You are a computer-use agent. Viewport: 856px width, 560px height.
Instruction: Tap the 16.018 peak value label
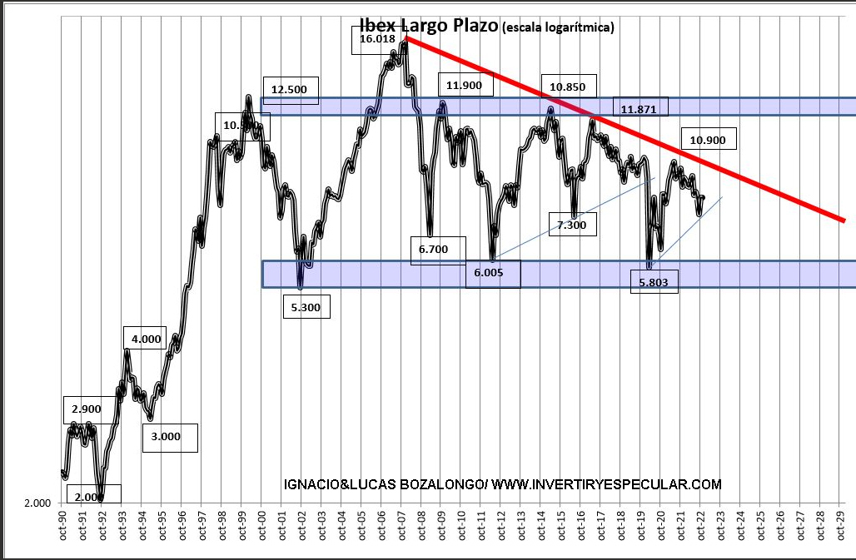(x=378, y=38)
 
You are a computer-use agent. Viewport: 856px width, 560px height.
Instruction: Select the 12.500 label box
(x=290, y=90)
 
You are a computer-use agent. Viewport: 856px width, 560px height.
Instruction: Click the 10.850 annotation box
(x=568, y=86)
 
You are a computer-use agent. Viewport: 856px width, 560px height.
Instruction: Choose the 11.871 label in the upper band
(x=640, y=108)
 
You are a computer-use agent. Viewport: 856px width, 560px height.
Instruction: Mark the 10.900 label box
(x=708, y=140)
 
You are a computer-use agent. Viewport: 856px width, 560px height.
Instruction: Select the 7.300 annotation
(x=572, y=225)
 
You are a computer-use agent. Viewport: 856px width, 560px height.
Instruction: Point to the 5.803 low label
(x=653, y=283)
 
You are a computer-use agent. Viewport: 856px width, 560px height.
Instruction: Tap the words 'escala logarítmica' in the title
(x=558, y=27)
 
